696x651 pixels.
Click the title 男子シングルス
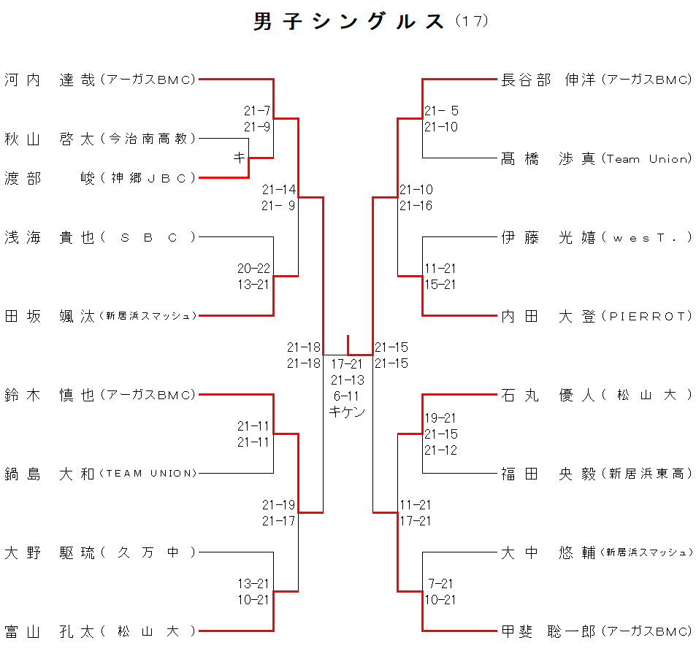(x=348, y=22)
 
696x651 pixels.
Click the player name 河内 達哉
(x=50, y=80)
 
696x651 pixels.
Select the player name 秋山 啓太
(x=50, y=139)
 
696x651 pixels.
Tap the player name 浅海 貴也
(x=50, y=237)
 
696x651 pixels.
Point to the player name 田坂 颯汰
(x=50, y=316)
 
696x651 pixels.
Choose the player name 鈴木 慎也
(x=50, y=395)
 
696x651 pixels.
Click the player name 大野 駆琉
(x=50, y=552)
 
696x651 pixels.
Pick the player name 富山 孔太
(x=50, y=631)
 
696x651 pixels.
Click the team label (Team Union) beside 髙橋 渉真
(x=646, y=159)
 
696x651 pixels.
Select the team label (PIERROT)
(x=646, y=316)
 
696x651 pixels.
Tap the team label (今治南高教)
(x=148, y=139)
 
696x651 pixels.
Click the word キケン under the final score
(x=347, y=412)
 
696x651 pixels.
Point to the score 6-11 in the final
(x=347, y=396)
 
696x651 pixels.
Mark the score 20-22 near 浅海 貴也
(x=253, y=269)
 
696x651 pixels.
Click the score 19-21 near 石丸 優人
(x=441, y=418)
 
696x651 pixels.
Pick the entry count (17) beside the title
(x=471, y=21)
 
